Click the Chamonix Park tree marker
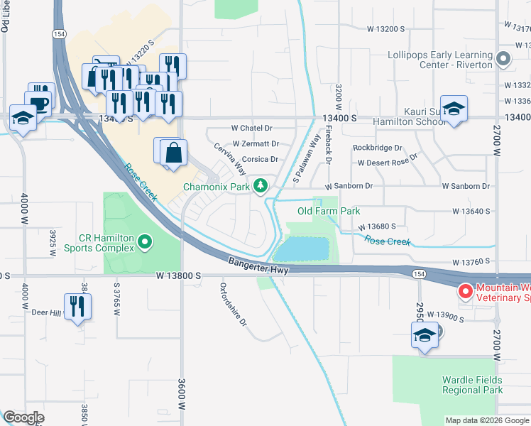pyautogui.click(x=261, y=186)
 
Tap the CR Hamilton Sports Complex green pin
pyautogui.click(x=146, y=243)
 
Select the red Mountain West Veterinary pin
pyautogui.click(x=466, y=291)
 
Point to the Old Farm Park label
pyautogui.click(x=328, y=211)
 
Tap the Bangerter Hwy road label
pyautogui.click(x=256, y=263)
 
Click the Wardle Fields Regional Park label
pyautogui.click(x=472, y=385)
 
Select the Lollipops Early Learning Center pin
pyautogui.click(x=504, y=59)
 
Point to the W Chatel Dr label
pyautogui.click(x=252, y=129)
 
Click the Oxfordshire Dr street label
pyautogui.click(x=232, y=305)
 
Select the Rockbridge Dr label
pyautogui.click(x=377, y=148)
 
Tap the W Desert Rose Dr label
pyautogui.click(x=388, y=163)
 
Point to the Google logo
pyautogui.click(x=24, y=417)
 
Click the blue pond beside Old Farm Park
pyautogui.click(x=302, y=249)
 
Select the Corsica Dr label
pyautogui.click(x=259, y=160)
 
